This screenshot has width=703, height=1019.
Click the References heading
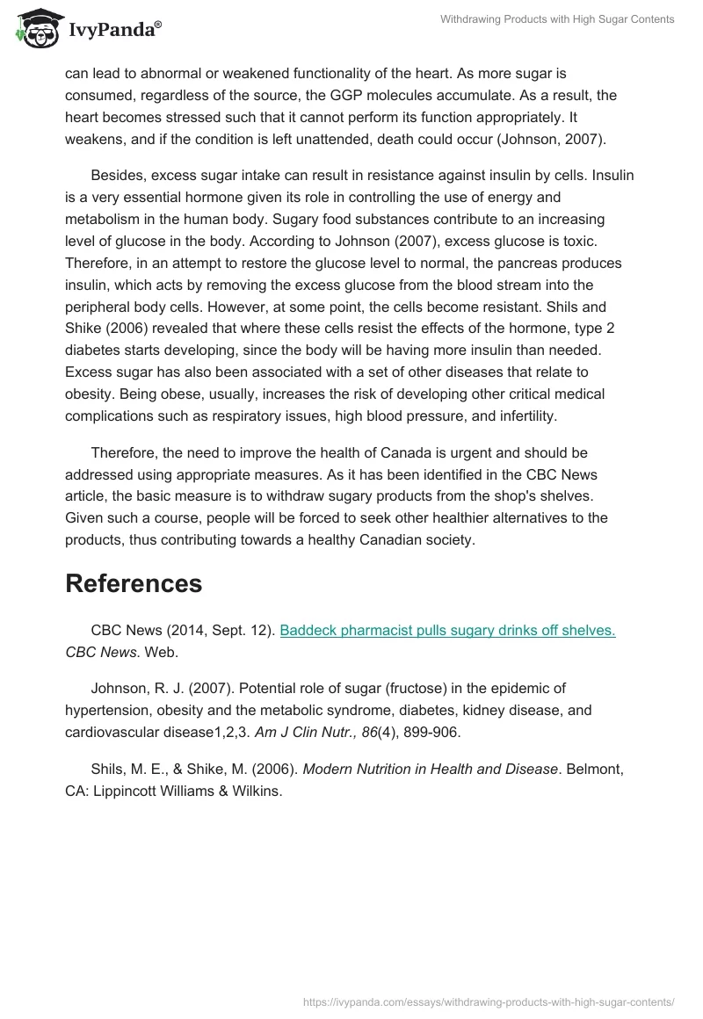pos(134,583)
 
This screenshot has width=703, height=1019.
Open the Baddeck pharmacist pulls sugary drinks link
pos(447,631)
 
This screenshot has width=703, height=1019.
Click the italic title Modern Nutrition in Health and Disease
pos(431,770)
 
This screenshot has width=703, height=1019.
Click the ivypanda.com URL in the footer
pos(487,1001)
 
